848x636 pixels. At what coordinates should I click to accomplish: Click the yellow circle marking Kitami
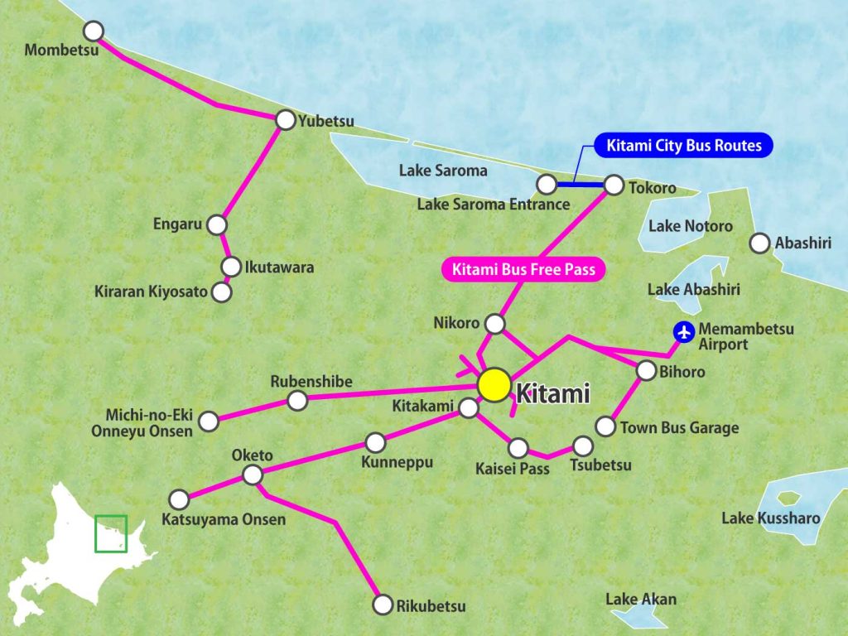coord(494,385)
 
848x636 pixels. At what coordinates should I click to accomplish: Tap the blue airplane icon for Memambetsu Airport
coord(684,332)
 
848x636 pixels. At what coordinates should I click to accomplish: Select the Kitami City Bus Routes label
coord(684,147)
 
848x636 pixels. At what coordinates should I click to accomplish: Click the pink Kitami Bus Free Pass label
coord(523,269)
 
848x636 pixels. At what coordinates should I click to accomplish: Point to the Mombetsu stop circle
coord(94,31)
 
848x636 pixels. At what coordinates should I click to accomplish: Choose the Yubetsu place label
coord(326,122)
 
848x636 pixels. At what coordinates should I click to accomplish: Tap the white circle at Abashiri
coord(759,243)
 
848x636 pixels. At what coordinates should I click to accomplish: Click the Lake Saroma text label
coord(443,171)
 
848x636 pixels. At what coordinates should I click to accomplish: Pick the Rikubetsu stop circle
coord(383,605)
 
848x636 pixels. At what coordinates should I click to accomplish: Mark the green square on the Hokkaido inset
coord(111,533)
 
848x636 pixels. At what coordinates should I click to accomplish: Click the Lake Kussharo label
coord(770,518)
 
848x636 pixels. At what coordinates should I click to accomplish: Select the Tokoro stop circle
coord(614,185)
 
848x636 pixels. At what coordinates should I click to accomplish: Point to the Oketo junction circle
coord(253,475)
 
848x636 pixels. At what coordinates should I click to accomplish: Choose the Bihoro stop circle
coord(646,371)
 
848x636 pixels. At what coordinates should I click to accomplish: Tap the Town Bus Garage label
coord(679,428)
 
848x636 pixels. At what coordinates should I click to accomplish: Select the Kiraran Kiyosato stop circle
coord(221,291)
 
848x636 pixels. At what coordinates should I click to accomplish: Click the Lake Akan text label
coord(641,599)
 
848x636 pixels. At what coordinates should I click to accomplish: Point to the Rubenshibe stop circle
coord(297,401)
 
